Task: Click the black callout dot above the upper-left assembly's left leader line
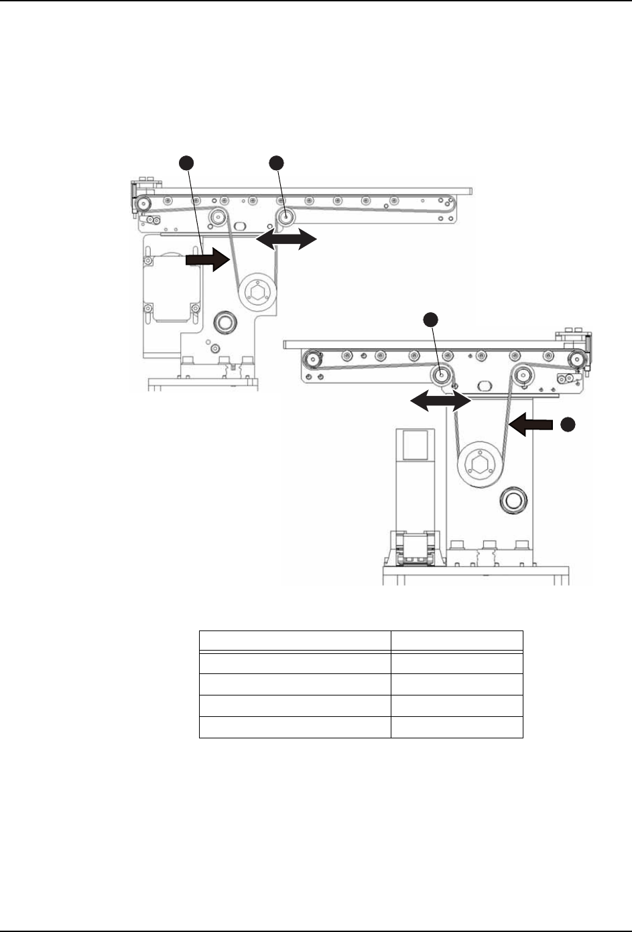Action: tap(188, 161)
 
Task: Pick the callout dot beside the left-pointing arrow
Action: tap(568, 423)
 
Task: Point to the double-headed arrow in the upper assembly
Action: tap(286, 239)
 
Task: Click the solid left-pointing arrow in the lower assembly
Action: tap(529, 423)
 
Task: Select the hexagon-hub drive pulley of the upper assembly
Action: tap(257, 292)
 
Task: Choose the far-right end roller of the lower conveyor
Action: tap(575, 360)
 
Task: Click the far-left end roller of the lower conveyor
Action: tap(311, 360)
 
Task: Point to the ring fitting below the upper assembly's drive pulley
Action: tap(223, 324)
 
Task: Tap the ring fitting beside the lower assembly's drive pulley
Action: tap(514, 499)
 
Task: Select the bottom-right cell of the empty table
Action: tap(456, 728)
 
